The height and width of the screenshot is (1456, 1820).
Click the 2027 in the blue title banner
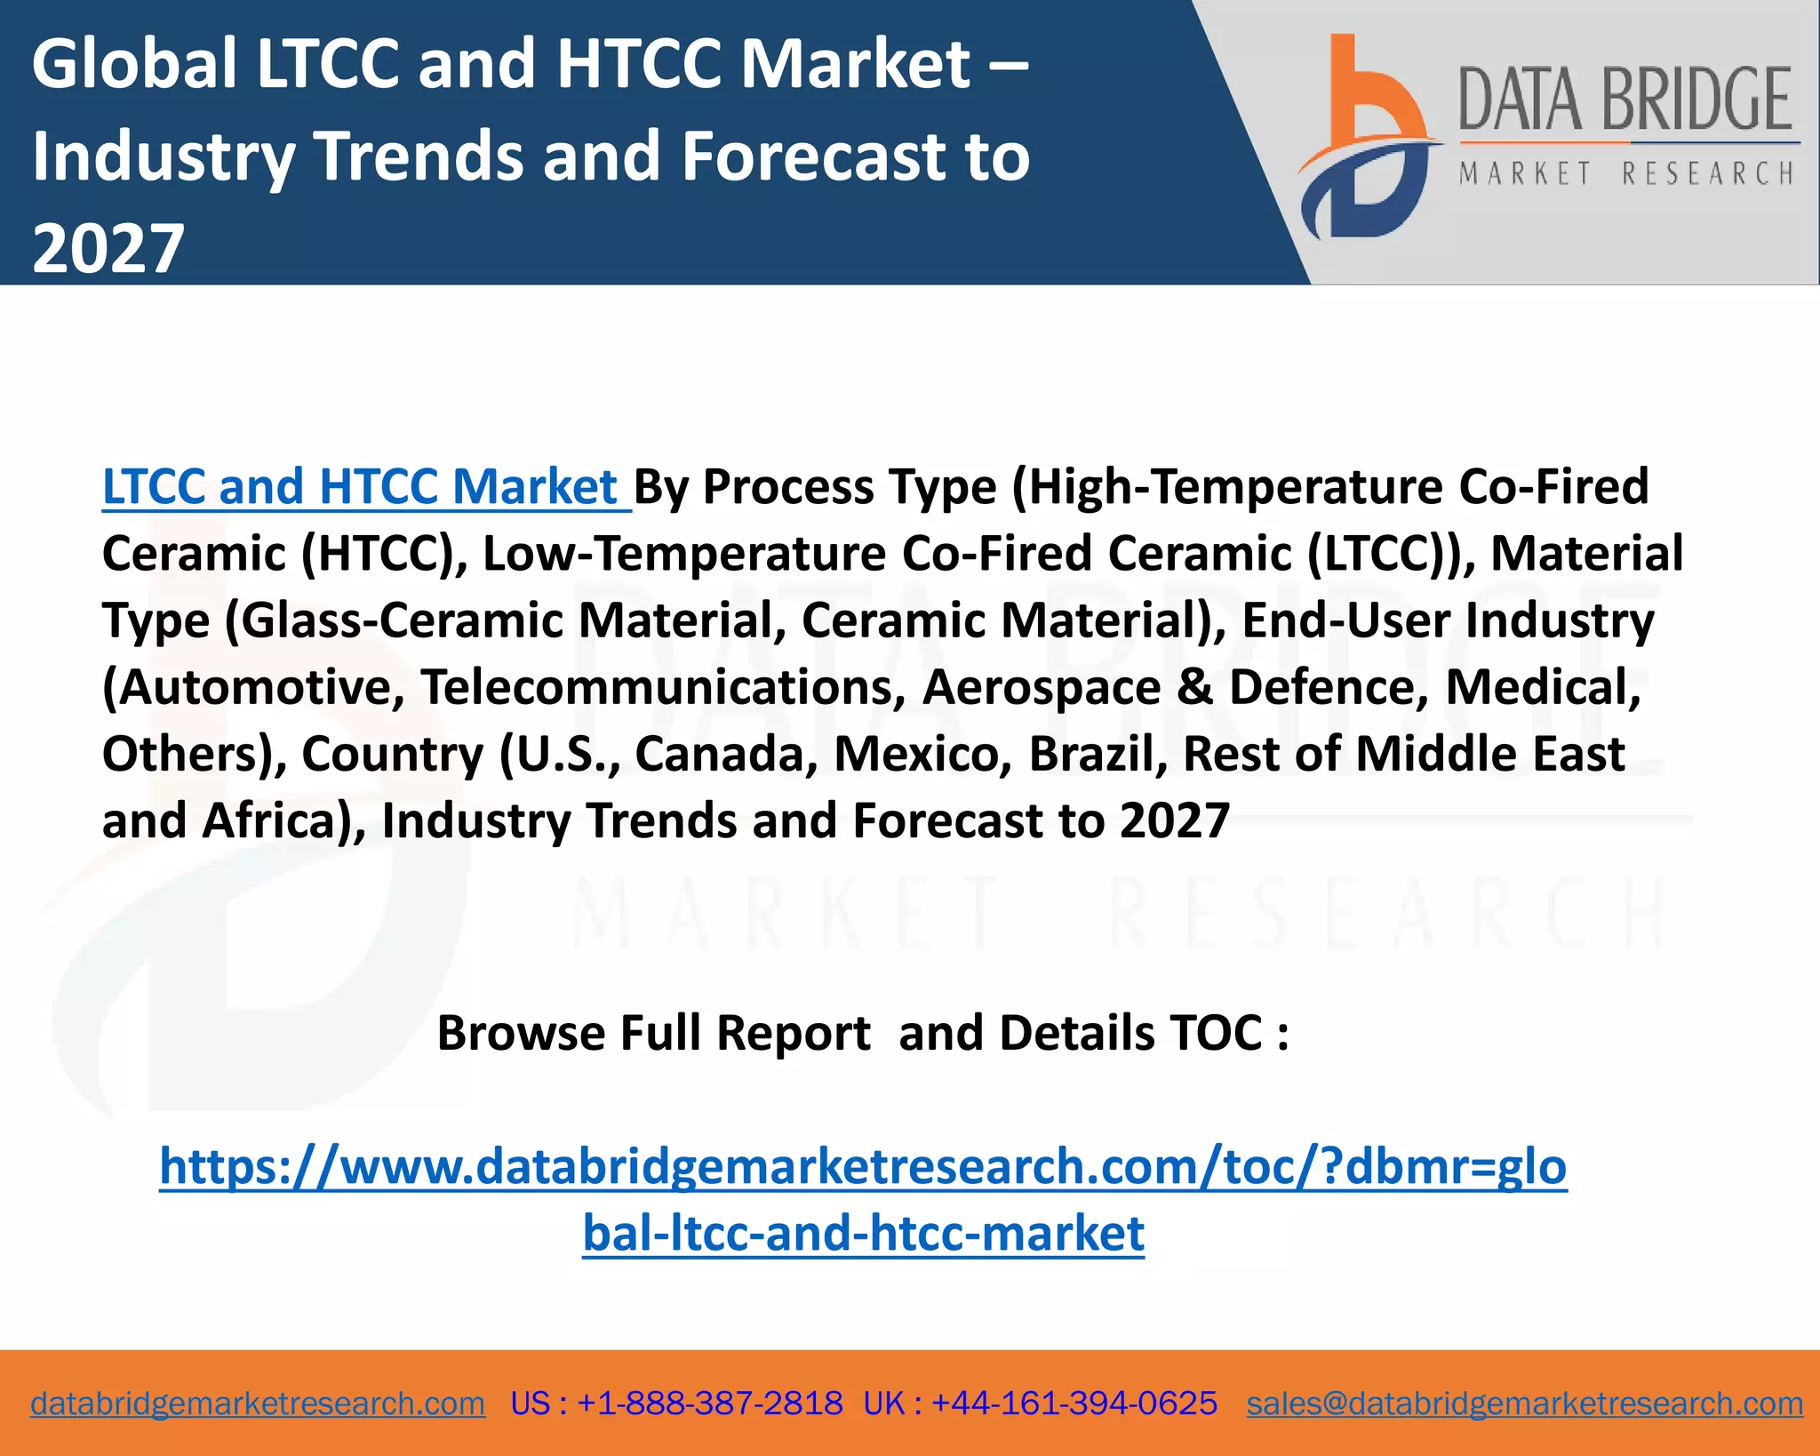point(108,248)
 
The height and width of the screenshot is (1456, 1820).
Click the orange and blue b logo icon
point(1364,138)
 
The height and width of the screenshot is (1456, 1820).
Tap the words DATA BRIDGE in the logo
point(1624,100)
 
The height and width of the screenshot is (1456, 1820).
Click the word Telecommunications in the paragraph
point(663,687)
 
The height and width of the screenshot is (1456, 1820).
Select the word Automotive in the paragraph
point(254,687)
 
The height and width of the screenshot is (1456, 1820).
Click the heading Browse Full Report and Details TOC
point(862,1033)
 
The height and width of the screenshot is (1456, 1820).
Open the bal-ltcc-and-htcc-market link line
point(863,1234)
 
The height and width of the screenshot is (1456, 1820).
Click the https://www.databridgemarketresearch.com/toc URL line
point(863,1166)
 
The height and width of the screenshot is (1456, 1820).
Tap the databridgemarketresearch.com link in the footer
point(258,1404)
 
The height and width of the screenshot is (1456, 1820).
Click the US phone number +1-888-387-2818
point(709,1404)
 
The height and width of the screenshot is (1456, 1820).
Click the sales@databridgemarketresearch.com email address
point(1524,1404)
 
